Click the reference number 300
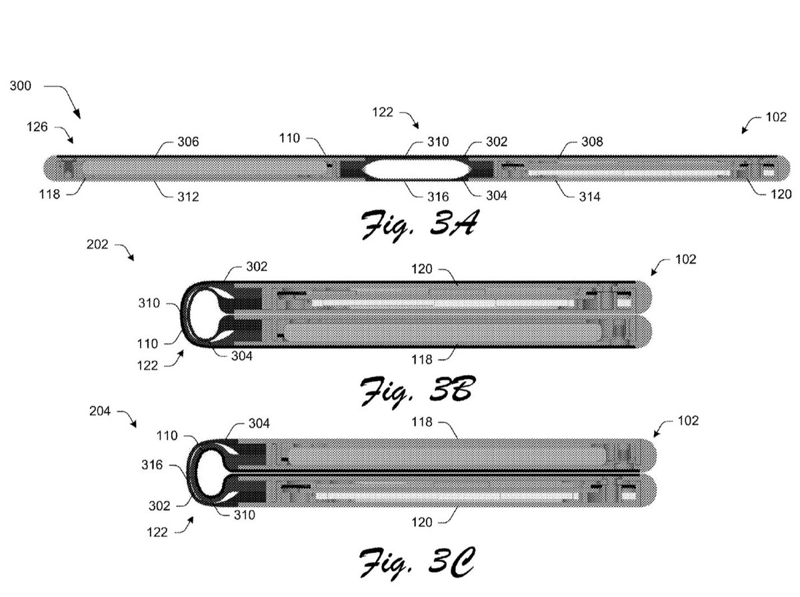pos(21,87)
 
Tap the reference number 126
pos(37,127)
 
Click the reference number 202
pos(98,245)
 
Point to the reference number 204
pos(101,411)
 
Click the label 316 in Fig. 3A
pos(437,197)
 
